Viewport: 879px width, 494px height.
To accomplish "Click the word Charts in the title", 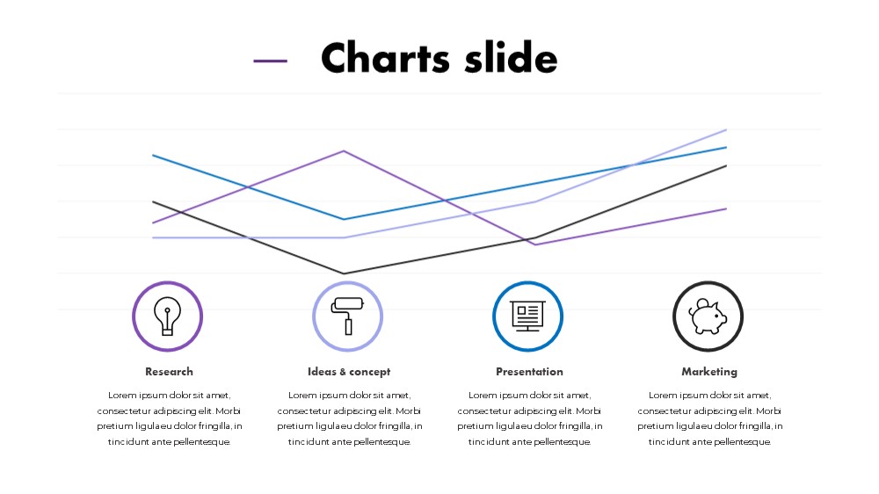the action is (385, 57).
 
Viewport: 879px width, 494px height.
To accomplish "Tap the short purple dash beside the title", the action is (270, 62).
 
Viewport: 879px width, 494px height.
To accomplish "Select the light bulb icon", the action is (168, 316).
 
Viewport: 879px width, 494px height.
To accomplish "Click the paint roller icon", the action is (347, 316).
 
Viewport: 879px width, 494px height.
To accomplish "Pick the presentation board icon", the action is (528, 316).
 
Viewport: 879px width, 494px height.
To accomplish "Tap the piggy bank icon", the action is (708, 316).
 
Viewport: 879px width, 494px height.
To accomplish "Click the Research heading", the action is (169, 372).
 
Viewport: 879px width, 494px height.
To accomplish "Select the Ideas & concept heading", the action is (349, 372).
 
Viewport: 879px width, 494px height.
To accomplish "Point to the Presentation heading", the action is (529, 372).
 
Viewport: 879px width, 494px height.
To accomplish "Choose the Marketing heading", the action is (709, 372).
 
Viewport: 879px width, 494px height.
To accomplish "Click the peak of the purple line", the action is (344, 151).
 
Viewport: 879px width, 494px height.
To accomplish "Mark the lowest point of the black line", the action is (344, 273).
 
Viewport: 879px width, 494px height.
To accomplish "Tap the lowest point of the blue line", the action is (344, 219).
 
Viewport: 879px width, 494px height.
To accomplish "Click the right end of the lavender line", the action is (727, 129).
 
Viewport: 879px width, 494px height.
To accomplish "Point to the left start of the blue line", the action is (152, 156).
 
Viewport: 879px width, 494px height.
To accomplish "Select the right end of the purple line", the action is (727, 208).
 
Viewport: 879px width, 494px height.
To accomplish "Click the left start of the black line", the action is (152, 201).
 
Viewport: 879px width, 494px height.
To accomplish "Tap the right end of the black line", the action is (727, 165).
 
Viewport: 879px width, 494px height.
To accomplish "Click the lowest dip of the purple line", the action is (535, 244).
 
